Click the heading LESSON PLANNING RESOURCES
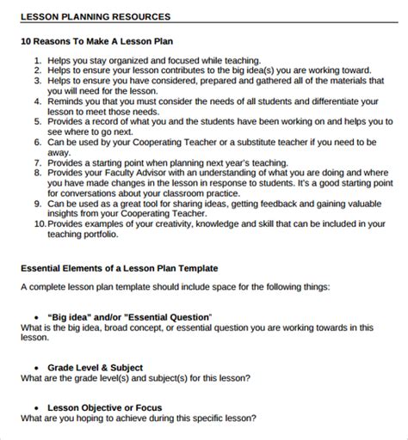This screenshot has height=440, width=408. point(95,16)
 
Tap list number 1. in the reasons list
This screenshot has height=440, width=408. point(38,61)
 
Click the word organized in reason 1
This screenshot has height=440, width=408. point(134,61)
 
